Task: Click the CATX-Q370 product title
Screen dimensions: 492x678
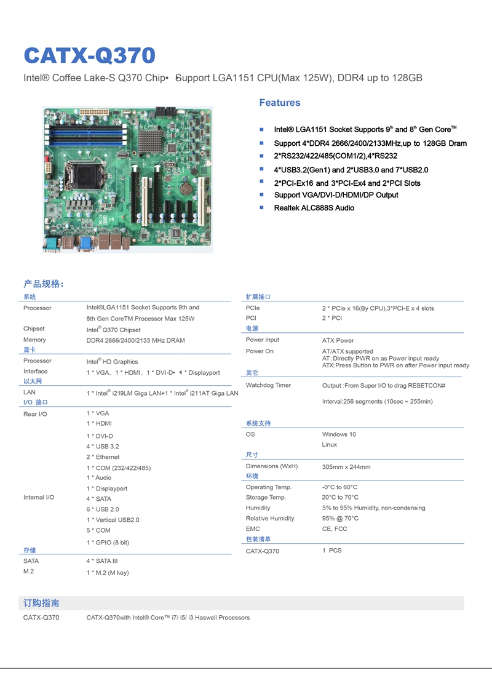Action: click(x=90, y=55)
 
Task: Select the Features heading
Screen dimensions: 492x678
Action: click(x=280, y=103)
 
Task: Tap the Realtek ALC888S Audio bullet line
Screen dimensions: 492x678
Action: click(x=314, y=208)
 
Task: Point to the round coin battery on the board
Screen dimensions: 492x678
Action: click(x=186, y=188)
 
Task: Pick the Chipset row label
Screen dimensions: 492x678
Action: click(x=34, y=329)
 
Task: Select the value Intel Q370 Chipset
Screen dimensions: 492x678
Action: click(x=113, y=330)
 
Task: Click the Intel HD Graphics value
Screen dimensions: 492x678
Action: click(x=112, y=362)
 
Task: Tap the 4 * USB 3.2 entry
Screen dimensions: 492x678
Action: click(x=103, y=446)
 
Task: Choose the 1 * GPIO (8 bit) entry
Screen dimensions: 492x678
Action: click(x=108, y=542)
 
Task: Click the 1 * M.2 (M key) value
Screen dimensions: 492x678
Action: click(x=108, y=573)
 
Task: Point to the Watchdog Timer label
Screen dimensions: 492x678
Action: click(x=269, y=385)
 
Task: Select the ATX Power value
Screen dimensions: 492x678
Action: click(x=338, y=340)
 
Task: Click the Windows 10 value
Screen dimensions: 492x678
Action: click(x=339, y=434)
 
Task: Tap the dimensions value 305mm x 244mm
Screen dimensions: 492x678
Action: click(x=346, y=467)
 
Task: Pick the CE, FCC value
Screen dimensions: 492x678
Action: click(x=334, y=529)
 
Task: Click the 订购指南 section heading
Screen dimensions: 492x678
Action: click(x=41, y=603)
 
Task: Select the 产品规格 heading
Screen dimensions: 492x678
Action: click(x=43, y=284)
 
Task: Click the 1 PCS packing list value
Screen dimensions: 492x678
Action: click(x=331, y=551)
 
